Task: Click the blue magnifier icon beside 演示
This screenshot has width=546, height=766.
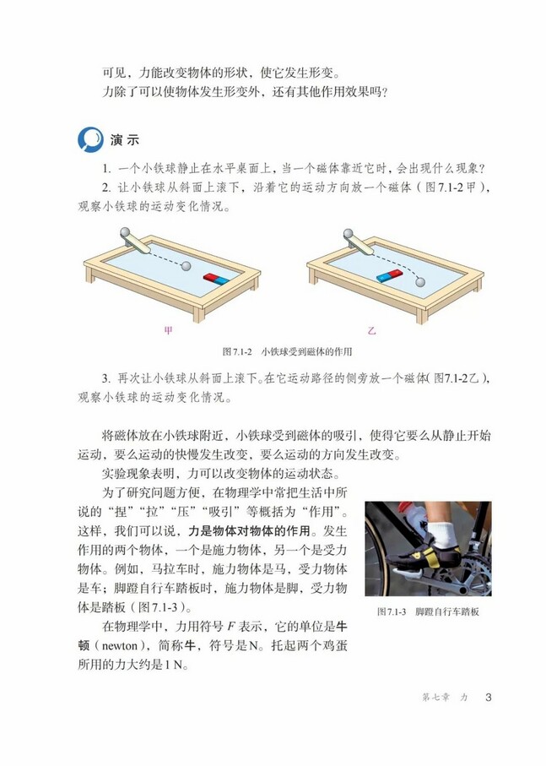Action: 89,138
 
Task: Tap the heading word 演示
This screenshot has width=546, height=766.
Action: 124,139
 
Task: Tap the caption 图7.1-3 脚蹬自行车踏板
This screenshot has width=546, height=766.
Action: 428,611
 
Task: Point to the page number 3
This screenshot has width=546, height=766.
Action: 489,697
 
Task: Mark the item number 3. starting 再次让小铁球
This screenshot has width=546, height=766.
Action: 105,378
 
